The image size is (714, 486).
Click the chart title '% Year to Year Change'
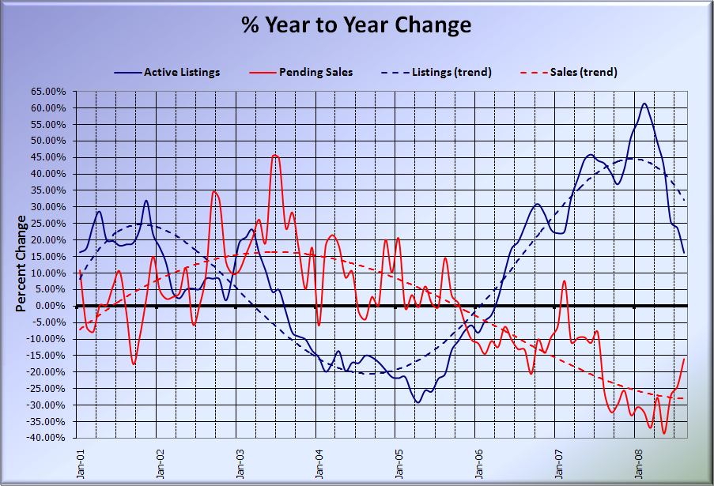[x=357, y=25]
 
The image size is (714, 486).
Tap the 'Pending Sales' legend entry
[x=315, y=73]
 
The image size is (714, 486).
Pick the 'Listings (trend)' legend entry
[x=451, y=73]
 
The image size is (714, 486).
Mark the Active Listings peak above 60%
[x=644, y=104]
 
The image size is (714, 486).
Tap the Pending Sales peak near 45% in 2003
[x=274, y=156]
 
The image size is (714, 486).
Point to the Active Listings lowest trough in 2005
[x=418, y=402]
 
